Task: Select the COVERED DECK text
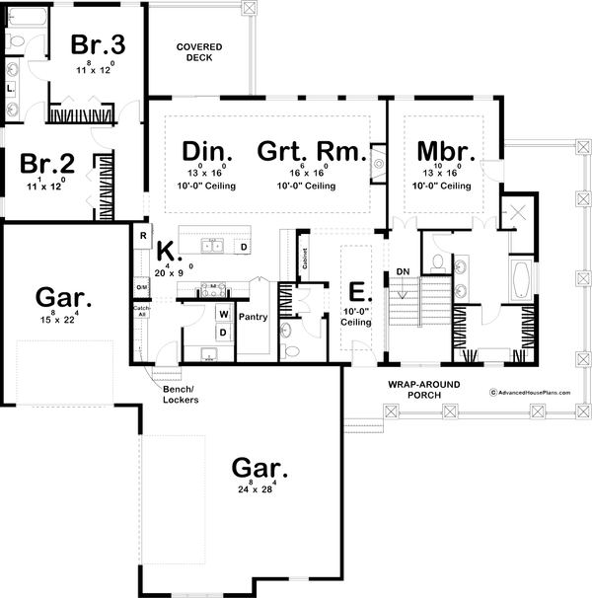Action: tap(198, 52)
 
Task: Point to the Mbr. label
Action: tap(446, 152)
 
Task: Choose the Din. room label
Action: tap(208, 152)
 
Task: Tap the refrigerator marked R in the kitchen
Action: tap(142, 236)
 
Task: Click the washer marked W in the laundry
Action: tap(223, 315)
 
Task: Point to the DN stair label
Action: tap(403, 271)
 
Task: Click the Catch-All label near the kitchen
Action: tap(141, 311)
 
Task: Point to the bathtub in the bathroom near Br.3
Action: tap(26, 16)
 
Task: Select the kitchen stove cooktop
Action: tap(212, 288)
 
